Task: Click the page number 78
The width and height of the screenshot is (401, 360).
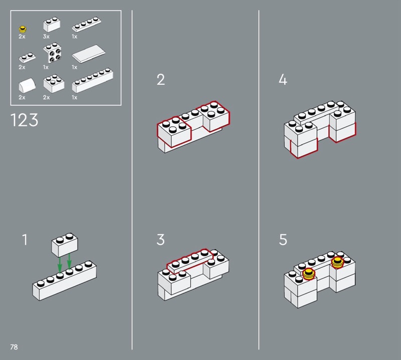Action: click(14, 347)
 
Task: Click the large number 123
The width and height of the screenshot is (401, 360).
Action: click(24, 120)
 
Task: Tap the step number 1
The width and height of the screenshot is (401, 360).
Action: click(25, 240)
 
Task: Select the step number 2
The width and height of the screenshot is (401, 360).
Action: click(161, 80)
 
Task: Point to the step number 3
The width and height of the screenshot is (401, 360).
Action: click(160, 240)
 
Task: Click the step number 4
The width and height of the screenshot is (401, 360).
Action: click(283, 79)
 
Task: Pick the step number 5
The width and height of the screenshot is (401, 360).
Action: click(283, 240)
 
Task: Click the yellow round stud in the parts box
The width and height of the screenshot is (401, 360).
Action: click(23, 29)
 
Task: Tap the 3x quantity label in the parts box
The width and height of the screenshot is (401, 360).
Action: click(46, 37)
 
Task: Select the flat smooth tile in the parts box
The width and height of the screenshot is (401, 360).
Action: click(89, 54)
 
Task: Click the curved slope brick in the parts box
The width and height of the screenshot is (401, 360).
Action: click(27, 86)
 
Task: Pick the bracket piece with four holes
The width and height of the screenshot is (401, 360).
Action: click(53, 53)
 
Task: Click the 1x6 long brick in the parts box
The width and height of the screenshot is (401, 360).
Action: click(93, 80)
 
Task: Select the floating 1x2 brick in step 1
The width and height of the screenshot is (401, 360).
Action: click(65, 245)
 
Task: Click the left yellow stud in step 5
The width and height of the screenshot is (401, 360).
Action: click(309, 274)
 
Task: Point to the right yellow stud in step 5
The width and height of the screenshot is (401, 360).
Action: click(337, 262)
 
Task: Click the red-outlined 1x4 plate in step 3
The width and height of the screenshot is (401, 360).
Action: click(190, 260)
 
